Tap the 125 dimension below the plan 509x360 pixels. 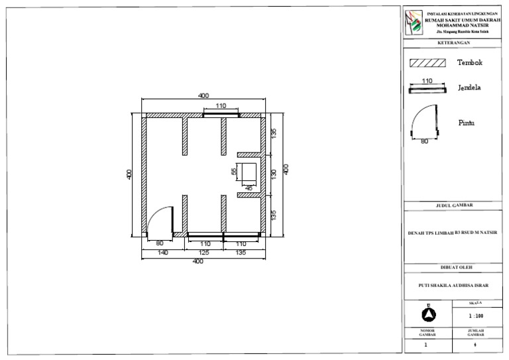click(x=204, y=253)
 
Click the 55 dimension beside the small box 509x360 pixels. click(x=233, y=171)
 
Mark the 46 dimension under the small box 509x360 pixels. click(x=249, y=188)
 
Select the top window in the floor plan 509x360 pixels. click(x=221, y=114)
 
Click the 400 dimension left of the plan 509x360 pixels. click(x=129, y=174)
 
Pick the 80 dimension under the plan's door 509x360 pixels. click(x=159, y=243)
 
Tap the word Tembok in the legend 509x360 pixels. click(x=469, y=63)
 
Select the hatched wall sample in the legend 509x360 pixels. click(x=426, y=64)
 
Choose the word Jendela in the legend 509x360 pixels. click(x=469, y=88)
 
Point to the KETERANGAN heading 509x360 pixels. click(x=454, y=42)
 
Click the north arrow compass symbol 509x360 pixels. click(x=428, y=312)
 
